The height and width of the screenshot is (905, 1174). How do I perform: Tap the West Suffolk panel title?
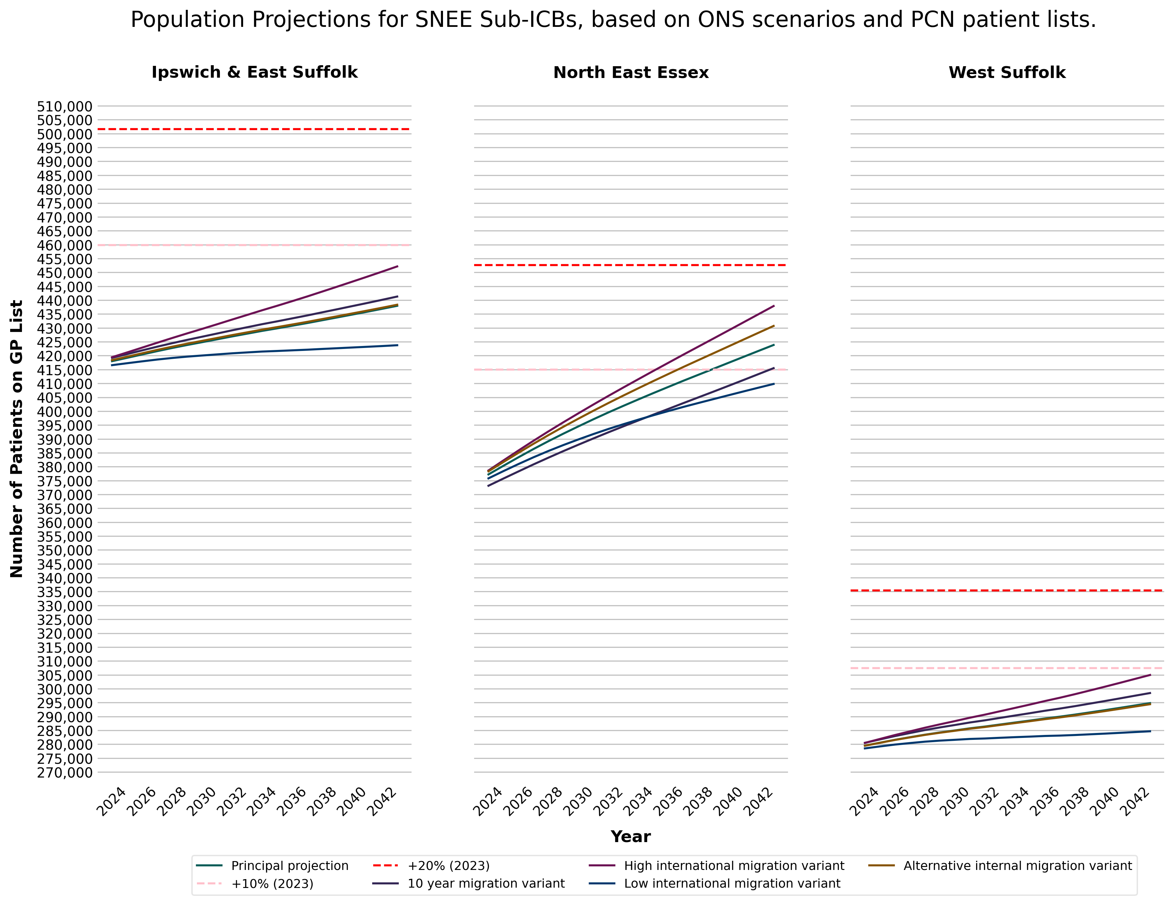pyautogui.click(x=1007, y=72)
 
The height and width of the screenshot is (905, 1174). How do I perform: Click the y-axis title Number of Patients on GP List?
pyautogui.click(x=17, y=438)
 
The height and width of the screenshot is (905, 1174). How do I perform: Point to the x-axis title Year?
pyautogui.click(x=630, y=837)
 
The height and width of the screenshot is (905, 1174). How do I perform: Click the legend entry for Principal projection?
pyautogui.click(x=289, y=866)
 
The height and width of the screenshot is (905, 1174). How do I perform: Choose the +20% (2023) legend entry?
pyautogui.click(x=448, y=866)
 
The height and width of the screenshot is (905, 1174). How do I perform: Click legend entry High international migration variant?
pyautogui.click(x=734, y=866)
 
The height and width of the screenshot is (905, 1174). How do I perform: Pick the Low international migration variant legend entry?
pyautogui.click(x=732, y=883)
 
